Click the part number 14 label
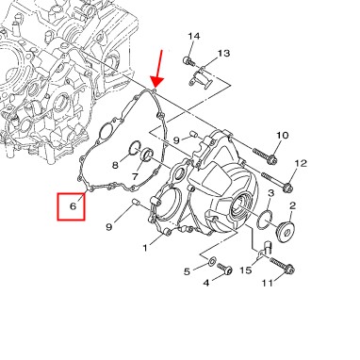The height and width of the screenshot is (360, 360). point(194,36)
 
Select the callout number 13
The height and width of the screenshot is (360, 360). point(224,53)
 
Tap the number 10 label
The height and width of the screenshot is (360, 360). point(283,136)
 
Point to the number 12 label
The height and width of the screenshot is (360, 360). point(301,163)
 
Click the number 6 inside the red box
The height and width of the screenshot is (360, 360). point(73,206)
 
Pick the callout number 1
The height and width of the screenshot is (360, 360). point(145,248)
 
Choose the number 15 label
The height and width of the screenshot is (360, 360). point(246,270)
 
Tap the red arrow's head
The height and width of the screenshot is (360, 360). point(156,82)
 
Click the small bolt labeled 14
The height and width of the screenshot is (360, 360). point(188,60)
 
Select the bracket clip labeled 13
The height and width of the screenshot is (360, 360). point(201,78)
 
